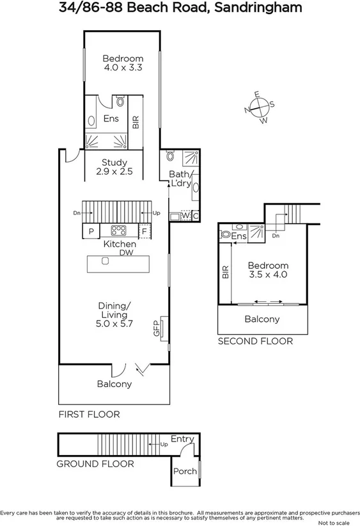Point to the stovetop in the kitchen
[x=120, y=231]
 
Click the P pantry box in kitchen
[x=91, y=231]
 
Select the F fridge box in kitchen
[x=145, y=231]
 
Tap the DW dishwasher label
[x=125, y=253]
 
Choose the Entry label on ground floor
[x=182, y=438]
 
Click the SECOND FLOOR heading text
[x=255, y=342]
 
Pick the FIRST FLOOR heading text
[x=89, y=415]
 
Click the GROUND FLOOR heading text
[x=95, y=464]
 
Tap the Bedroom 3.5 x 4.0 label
[x=268, y=270]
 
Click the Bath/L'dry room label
[x=180, y=179]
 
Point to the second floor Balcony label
[x=262, y=319]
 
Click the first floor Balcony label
[x=114, y=384]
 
